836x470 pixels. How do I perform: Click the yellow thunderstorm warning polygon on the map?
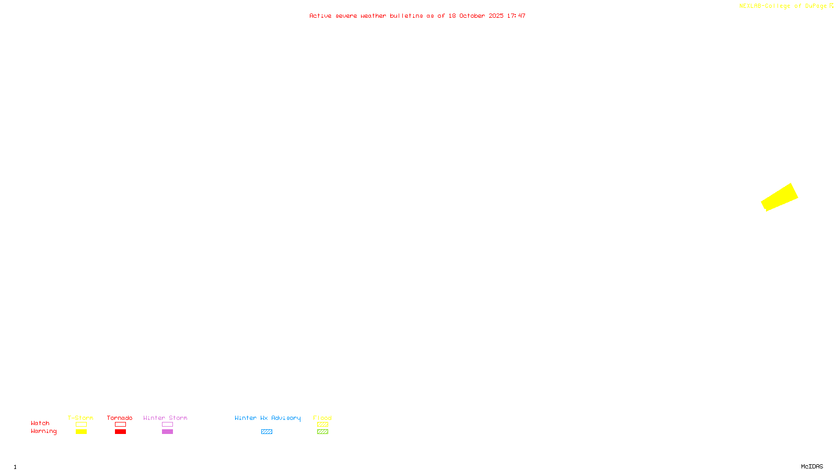[780, 197]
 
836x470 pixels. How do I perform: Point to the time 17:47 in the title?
[516, 16]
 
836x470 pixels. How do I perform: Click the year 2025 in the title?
[496, 16]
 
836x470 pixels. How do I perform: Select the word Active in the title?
[320, 16]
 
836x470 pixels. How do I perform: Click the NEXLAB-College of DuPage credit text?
[783, 6]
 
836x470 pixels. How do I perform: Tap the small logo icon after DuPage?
[831, 6]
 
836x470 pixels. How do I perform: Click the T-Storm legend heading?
[80, 418]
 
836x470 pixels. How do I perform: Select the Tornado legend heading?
[120, 418]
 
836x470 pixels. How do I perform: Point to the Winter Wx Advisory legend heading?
[268, 418]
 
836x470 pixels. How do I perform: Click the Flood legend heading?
[322, 418]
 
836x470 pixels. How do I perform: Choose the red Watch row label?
[40, 423]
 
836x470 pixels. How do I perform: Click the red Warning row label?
[43, 431]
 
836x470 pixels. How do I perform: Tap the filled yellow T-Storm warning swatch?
[81, 432]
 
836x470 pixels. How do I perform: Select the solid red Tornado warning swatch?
[121, 432]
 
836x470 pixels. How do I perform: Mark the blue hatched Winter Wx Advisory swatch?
[266, 432]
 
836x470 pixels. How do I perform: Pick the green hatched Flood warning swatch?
[322, 432]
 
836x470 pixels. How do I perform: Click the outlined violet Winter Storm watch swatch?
[167, 425]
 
